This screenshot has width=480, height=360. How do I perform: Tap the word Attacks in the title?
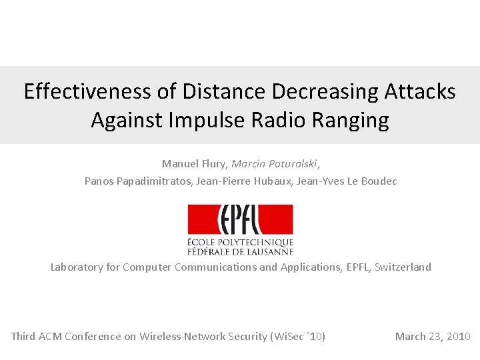coord(420,91)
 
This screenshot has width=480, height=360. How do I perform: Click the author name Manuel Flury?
coord(193,163)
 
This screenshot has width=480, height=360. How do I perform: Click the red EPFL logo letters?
coord(240,220)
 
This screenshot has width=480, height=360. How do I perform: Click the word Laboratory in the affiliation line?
coord(77,267)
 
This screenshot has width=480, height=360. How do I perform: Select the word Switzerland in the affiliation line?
coord(403,267)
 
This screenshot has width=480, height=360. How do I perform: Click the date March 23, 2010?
coord(433,337)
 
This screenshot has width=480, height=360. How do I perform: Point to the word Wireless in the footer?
coord(160,337)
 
